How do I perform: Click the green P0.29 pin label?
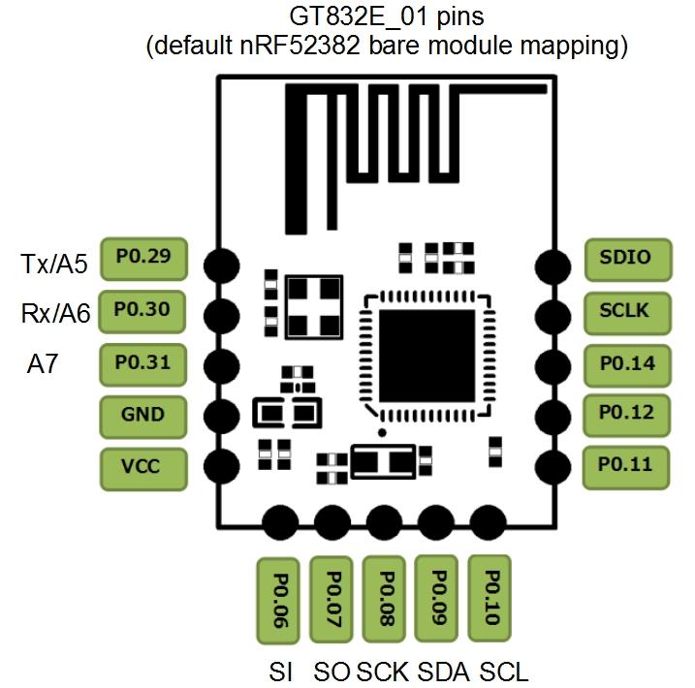point(142,259)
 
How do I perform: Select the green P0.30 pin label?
point(142,311)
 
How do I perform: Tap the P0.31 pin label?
point(142,363)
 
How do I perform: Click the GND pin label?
point(142,416)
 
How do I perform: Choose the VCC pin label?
point(142,467)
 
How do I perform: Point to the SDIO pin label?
point(625,259)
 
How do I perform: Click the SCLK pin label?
point(625,311)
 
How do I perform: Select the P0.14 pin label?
point(625,363)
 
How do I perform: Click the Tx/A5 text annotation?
point(54,264)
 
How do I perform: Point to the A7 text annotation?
point(44,364)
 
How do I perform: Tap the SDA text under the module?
point(441,672)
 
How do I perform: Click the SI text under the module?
point(280,672)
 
